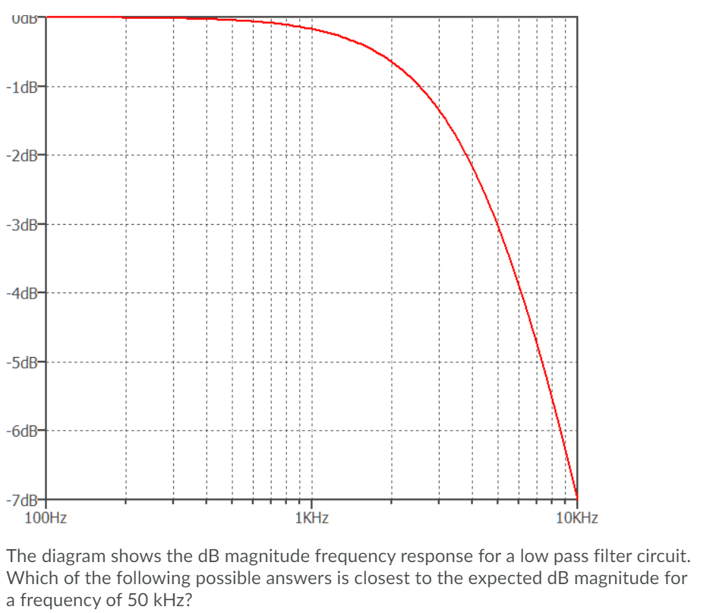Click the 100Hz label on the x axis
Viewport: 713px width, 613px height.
click(x=45, y=519)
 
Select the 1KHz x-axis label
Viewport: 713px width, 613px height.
click(x=311, y=519)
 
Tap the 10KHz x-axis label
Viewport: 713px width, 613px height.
click(x=576, y=519)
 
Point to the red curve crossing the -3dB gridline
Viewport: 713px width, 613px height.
click(x=497, y=225)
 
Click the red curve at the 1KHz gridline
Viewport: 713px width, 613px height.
click(x=311, y=29)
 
